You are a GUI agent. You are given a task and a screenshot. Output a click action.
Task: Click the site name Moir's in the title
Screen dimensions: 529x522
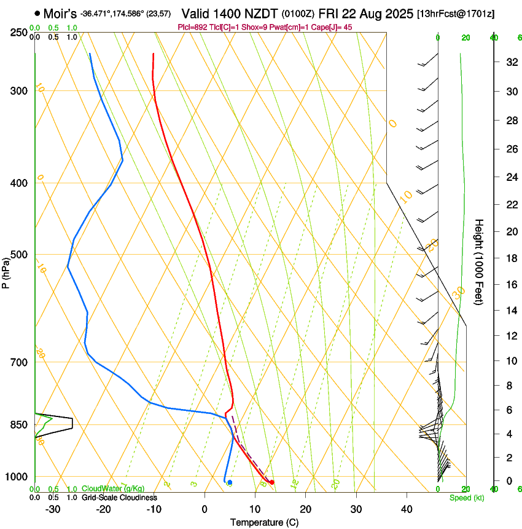(60, 13)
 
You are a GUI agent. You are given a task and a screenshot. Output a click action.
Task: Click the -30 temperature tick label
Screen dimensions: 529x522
(53, 509)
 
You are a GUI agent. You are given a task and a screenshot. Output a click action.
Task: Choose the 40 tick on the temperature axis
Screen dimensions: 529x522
(406, 509)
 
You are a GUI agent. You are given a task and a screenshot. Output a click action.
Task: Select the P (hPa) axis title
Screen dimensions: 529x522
(7, 270)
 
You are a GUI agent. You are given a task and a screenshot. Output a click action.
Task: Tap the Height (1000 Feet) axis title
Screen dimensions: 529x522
(479, 262)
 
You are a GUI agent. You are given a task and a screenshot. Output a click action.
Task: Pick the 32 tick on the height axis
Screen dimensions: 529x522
(510, 62)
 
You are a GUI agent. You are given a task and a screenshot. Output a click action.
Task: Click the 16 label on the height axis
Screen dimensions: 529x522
(510, 285)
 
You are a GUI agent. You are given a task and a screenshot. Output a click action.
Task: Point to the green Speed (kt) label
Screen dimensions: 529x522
(467, 498)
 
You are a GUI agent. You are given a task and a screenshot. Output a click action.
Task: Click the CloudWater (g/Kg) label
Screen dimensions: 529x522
(105, 489)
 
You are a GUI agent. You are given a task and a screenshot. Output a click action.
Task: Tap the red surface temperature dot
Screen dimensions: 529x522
(271, 482)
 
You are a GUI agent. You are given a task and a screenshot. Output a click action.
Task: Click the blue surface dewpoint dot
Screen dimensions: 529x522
(230, 482)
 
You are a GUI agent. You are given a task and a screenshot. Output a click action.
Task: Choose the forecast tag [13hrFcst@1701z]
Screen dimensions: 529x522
(455, 14)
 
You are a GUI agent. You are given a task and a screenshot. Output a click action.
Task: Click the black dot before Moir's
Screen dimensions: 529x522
(38, 13)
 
